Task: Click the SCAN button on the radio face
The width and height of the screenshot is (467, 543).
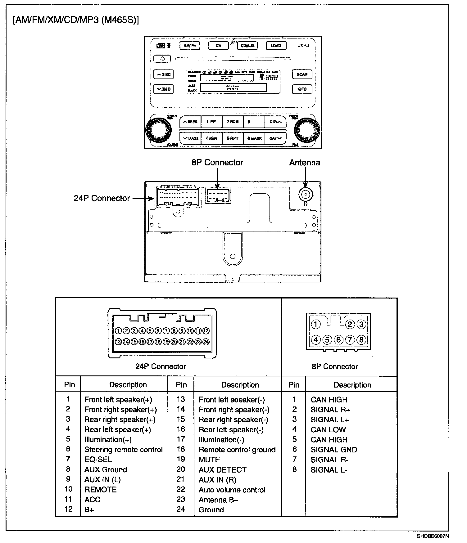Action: [302, 74]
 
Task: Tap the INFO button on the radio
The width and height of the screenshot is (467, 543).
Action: [302, 89]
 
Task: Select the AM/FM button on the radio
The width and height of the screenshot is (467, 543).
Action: [190, 46]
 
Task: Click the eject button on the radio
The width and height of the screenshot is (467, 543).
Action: [162, 59]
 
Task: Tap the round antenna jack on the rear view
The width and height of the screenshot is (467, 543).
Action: [306, 194]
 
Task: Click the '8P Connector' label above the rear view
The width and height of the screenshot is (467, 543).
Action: [217, 162]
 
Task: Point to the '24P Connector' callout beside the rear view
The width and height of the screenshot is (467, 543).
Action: [102, 198]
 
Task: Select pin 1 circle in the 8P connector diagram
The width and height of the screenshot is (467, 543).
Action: [316, 325]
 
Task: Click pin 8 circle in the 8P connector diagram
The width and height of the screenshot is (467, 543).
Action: [361, 340]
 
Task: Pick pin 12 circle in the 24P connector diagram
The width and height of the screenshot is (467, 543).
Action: [206, 331]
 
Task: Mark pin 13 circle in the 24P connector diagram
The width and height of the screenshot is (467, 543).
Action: [118, 342]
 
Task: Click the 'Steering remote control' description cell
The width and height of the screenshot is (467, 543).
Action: [124, 450]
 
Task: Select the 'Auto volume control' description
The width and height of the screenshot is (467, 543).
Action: [232, 490]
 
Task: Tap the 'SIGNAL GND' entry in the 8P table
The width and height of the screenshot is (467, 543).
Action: [334, 450]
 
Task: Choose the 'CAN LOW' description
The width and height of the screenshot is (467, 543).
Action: [328, 430]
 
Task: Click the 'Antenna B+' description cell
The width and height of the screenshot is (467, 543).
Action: [218, 500]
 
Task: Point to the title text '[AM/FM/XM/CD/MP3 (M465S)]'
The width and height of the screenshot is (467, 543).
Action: [76, 20]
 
